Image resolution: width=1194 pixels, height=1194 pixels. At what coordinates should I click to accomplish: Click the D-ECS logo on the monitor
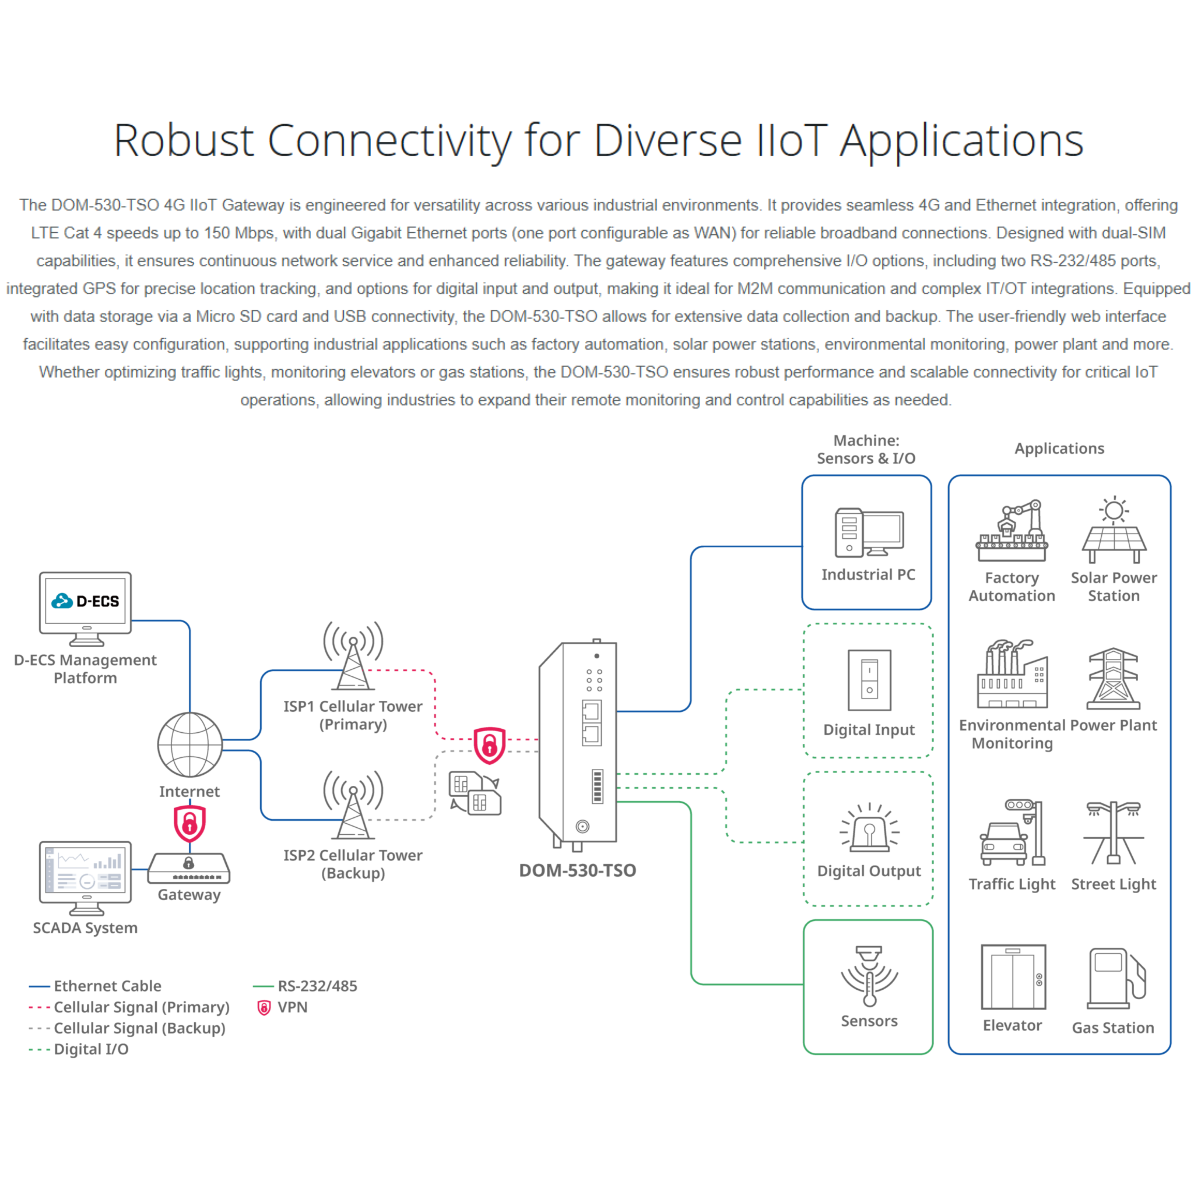(85, 601)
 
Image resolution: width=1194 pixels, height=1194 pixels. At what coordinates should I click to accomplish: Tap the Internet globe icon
(190, 745)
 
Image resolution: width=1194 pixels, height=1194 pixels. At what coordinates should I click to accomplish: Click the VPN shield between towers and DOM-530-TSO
(490, 745)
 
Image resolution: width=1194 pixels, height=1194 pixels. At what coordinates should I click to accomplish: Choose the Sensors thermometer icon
(869, 976)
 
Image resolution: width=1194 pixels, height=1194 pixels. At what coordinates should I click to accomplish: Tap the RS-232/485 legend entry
(316, 986)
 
